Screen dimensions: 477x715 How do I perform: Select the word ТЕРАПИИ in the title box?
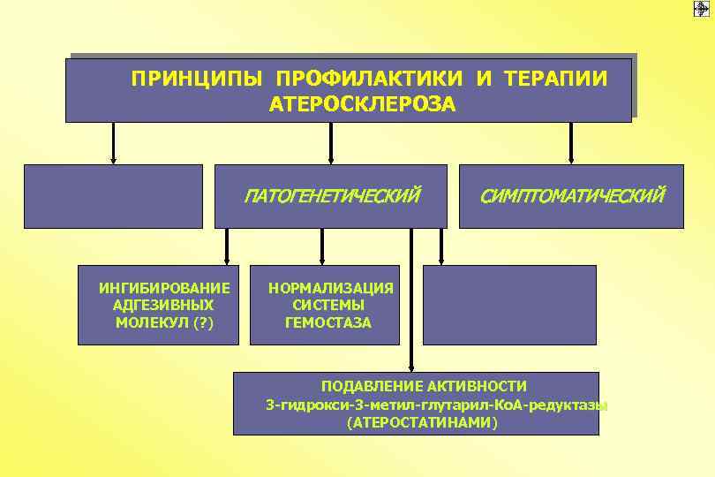tap(556, 79)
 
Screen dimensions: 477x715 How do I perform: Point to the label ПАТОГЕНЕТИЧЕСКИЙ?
tap(332, 194)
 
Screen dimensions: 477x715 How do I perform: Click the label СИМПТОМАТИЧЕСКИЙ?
tap(571, 194)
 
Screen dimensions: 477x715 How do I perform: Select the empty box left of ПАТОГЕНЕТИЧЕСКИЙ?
tap(113, 196)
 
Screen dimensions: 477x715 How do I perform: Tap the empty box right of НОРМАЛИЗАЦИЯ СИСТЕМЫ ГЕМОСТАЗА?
tap(509, 304)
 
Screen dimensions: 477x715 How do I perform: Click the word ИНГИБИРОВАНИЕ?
tap(165, 288)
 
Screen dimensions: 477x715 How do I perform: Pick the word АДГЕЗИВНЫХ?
tap(164, 305)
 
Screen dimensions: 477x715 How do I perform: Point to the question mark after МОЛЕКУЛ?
tap(203, 322)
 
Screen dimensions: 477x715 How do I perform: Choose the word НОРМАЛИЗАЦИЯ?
tap(331, 288)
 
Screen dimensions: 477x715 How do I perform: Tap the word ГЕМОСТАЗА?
tap(328, 322)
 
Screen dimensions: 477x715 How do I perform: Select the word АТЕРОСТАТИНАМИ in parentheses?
tap(423, 422)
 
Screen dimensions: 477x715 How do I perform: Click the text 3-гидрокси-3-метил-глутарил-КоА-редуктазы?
tap(436, 405)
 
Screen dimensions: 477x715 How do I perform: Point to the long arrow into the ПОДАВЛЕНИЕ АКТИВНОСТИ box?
tap(410, 300)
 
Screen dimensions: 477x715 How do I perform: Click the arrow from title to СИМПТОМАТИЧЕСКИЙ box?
tap(571, 143)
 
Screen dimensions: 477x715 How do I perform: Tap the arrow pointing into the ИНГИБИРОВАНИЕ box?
tap(227, 246)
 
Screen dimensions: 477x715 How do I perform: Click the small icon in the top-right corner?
tap(702, 8)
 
